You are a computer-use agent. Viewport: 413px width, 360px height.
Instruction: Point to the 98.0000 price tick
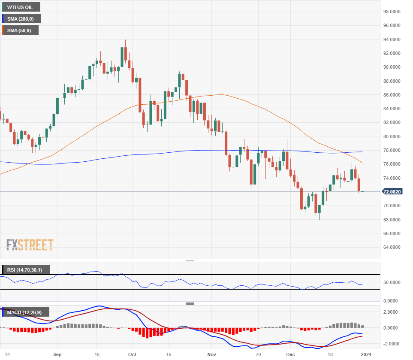392,12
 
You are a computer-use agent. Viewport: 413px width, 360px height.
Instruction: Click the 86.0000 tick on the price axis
392,95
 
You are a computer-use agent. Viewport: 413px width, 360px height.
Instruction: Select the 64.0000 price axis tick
392,248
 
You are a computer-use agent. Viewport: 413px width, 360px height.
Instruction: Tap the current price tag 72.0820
392,192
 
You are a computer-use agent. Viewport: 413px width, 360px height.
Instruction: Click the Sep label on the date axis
57,355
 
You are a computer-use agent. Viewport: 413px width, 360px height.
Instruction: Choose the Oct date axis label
132,355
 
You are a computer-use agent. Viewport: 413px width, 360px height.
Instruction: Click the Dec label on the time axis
290,355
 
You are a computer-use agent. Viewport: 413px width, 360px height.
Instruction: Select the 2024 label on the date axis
366,355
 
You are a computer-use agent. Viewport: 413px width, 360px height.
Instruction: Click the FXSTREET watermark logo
30,245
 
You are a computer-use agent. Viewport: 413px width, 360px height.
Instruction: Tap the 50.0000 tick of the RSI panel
392,282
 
